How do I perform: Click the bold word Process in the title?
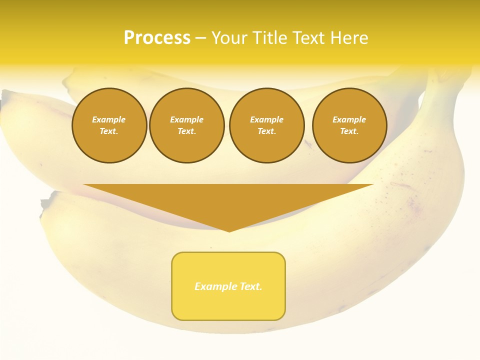click(157, 38)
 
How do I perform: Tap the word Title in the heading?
click(270, 38)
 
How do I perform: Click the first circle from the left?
click(109, 125)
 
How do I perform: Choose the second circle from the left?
click(187, 125)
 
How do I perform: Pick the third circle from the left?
click(267, 125)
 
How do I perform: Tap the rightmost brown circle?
click(349, 125)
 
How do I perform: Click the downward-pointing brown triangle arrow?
click(228, 200)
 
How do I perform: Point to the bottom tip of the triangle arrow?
click(229, 231)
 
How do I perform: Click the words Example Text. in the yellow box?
click(228, 286)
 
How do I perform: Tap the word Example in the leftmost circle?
click(109, 119)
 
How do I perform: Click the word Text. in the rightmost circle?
click(349, 131)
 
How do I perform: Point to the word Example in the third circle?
click(267, 119)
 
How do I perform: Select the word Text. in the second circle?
click(187, 131)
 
